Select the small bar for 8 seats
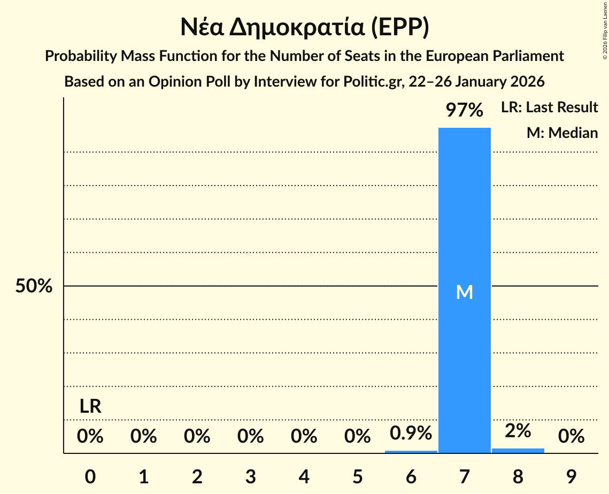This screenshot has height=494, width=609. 518,451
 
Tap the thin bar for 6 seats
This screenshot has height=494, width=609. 411,452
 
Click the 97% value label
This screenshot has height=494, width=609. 465,111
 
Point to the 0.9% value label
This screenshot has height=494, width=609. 411,433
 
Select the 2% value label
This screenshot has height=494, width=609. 518,430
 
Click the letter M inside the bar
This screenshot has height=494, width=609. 465,292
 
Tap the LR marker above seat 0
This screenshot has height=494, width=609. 90,406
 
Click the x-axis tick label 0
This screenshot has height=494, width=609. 90,476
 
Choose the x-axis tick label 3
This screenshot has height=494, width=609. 251,476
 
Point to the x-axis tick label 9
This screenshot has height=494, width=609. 571,476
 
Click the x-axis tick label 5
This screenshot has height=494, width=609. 358,476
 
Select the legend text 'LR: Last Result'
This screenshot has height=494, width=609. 549,107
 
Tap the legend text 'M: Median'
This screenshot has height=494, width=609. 562,133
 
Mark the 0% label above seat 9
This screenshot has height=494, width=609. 571,437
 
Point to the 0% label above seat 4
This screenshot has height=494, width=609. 304,437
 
